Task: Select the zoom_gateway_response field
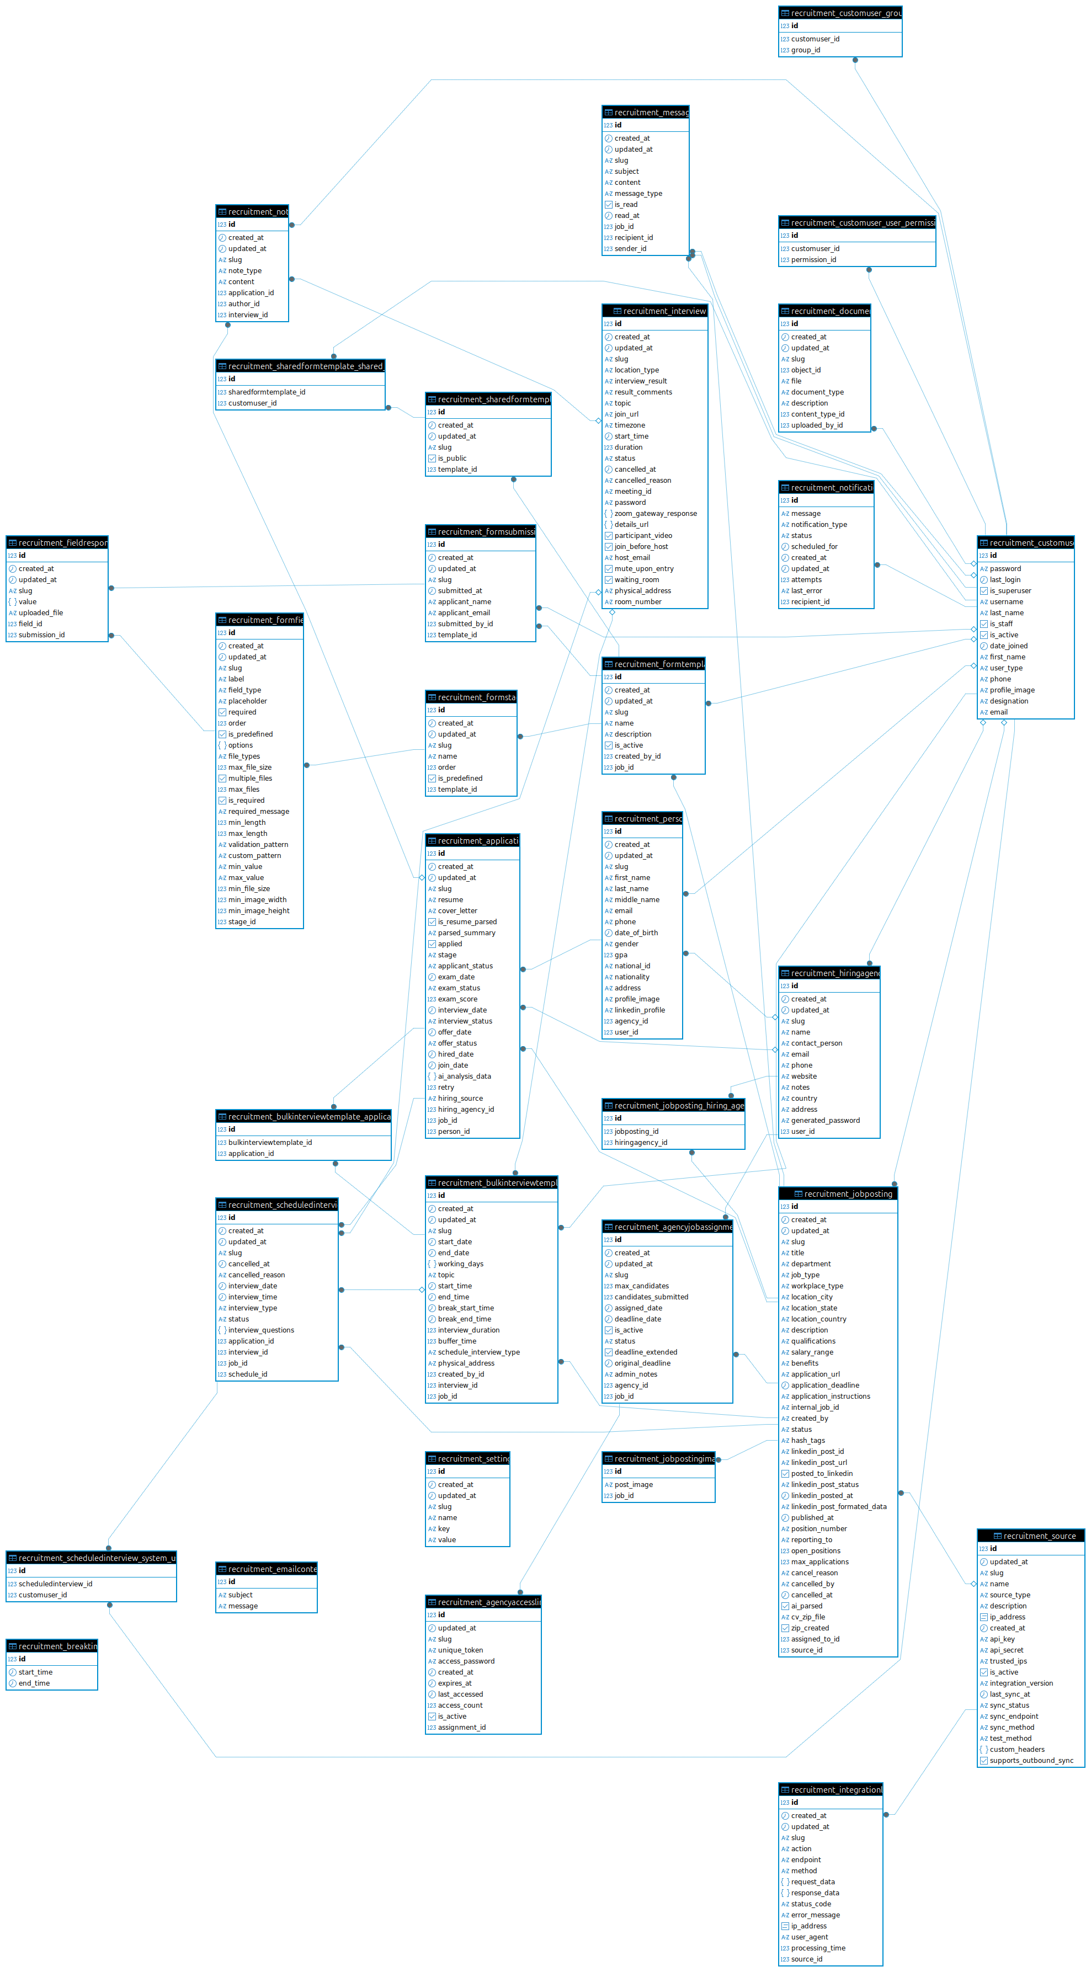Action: click(654, 514)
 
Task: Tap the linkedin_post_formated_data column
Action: click(838, 1506)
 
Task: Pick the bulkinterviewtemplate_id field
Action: click(269, 1143)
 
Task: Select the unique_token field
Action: click(460, 1650)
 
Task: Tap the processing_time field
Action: click(818, 1948)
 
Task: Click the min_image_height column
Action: click(259, 911)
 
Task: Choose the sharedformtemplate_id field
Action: click(267, 392)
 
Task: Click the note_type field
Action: click(244, 271)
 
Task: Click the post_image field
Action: click(633, 1484)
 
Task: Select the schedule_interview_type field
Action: click(478, 1352)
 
